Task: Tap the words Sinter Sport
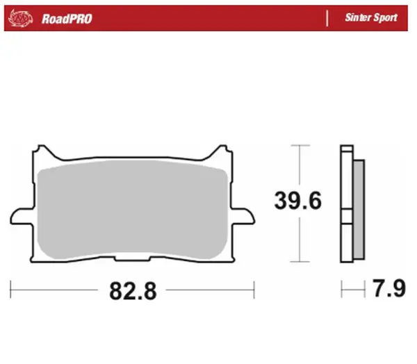tap(371, 18)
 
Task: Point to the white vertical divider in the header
tap(327, 18)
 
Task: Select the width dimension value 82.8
tap(132, 290)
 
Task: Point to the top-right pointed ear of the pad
tap(222, 150)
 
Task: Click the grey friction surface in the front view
tap(132, 208)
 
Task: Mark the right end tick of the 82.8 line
tap(255, 286)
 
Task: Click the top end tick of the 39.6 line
tap(299, 145)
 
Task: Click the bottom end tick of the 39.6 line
tap(299, 262)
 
